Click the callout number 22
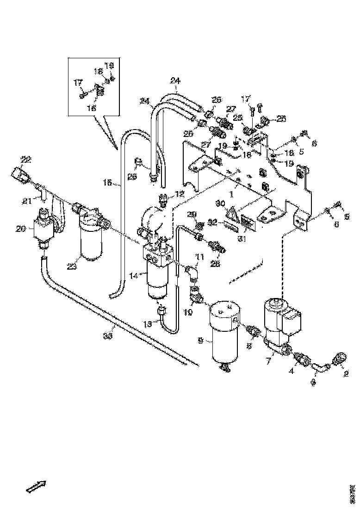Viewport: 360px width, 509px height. [x=25, y=160]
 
